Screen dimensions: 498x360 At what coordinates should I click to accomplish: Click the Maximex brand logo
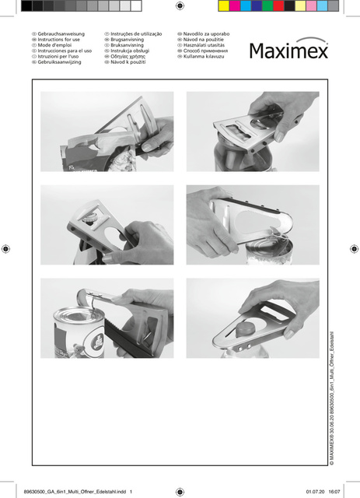pyautogui.click(x=288, y=51)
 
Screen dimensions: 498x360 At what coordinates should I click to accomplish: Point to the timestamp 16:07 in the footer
pyautogui.click(x=335, y=491)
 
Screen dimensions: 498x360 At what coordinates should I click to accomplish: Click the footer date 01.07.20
pyautogui.click(x=314, y=491)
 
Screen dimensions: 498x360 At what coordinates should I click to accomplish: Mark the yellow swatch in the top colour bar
pyautogui.click(x=224, y=5)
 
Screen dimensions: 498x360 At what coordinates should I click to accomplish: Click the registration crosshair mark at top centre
pyautogui.click(x=180, y=5)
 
